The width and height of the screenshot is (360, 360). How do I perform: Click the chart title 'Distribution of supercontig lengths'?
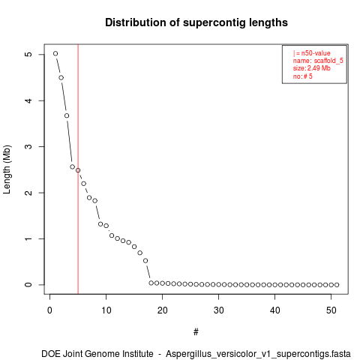pyautogui.click(x=196, y=22)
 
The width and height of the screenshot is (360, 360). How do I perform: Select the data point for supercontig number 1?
pyautogui.click(x=55, y=53)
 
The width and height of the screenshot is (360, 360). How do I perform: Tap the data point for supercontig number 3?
pyautogui.click(x=67, y=115)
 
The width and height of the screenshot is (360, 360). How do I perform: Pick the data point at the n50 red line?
pyautogui.click(x=78, y=170)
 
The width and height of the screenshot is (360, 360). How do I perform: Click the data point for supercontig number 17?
pyautogui.click(x=145, y=261)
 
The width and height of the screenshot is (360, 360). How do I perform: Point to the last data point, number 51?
pyautogui.click(x=337, y=285)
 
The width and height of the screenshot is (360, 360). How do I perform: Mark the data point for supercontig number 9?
pyautogui.click(x=100, y=224)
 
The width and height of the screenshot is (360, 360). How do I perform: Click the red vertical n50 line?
pyautogui.click(x=78, y=169)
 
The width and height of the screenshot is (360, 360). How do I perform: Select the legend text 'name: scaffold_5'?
pyautogui.click(x=318, y=61)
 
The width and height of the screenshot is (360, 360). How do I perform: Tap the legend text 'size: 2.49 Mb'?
pyautogui.click(x=312, y=68)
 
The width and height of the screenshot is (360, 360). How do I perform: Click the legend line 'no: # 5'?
pyautogui.click(x=303, y=76)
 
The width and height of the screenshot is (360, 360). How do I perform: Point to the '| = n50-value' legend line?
pyautogui.click(x=312, y=53)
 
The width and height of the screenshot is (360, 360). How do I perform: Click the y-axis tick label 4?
pyautogui.click(x=28, y=100)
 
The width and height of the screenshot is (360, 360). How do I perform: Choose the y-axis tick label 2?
pyautogui.click(x=28, y=193)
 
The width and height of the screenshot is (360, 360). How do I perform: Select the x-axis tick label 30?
pyautogui.click(x=219, y=310)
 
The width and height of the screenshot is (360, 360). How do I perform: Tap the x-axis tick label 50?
pyautogui.click(x=331, y=310)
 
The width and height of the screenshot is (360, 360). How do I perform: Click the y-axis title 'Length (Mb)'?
pyautogui.click(x=7, y=169)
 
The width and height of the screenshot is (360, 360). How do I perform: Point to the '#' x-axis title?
pyautogui.click(x=196, y=332)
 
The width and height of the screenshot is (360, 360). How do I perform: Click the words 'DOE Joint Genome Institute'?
pyautogui.click(x=97, y=354)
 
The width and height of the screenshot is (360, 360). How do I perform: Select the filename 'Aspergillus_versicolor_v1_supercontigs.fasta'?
pyautogui.click(x=258, y=354)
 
